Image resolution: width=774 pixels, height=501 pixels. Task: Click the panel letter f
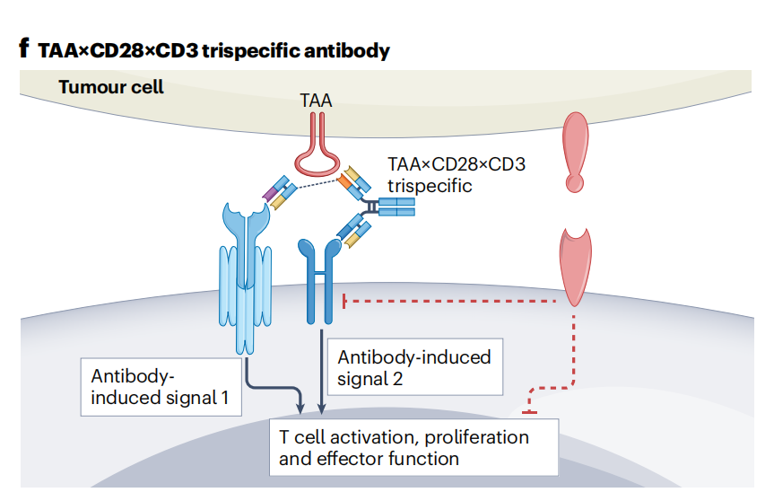pos(24,48)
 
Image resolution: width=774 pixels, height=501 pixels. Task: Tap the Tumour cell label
pos(110,87)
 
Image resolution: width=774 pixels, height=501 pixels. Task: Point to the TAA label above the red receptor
pos(316,101)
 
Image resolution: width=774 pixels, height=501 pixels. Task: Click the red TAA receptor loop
pos(319,162)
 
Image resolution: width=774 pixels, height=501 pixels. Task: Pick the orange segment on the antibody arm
pos(345,182)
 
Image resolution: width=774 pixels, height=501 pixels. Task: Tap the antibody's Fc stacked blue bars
pos(396,209)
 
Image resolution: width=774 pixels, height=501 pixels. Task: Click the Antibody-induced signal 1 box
pos(161,387)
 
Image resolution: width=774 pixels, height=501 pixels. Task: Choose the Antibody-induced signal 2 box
pos(413,367)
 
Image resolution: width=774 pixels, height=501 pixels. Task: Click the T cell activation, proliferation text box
pos(413,447)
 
